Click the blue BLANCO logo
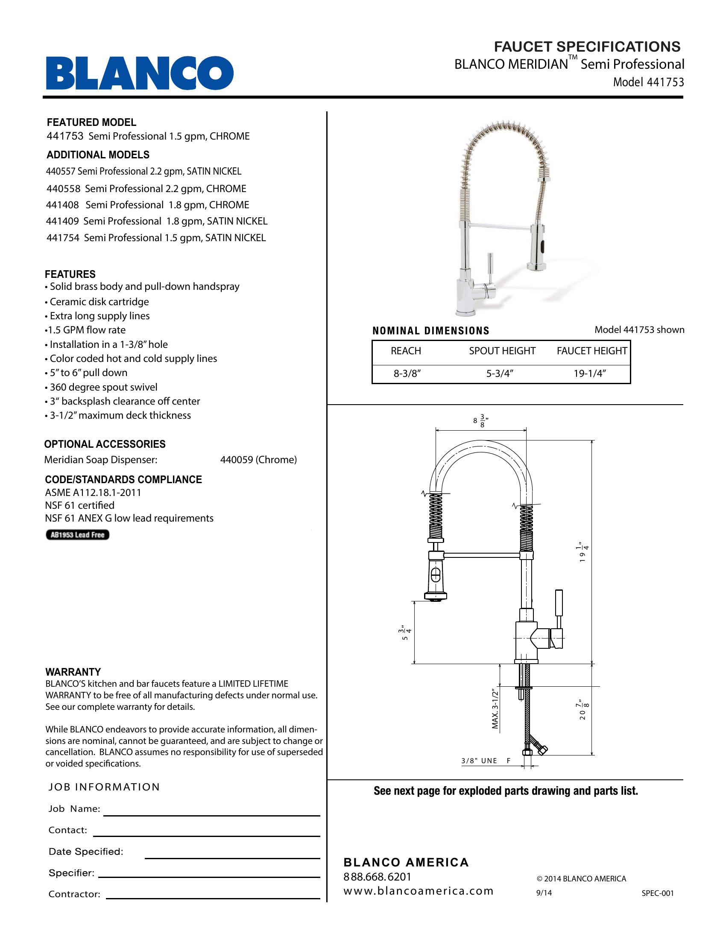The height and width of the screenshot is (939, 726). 140,73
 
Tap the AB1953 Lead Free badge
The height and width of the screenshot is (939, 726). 77,535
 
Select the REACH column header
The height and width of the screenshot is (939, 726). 406,351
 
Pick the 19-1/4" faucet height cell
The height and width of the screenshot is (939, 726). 590,373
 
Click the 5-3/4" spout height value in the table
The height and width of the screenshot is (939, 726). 500,373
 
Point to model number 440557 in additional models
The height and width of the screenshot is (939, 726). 61,172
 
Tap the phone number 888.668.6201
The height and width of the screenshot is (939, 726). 377,877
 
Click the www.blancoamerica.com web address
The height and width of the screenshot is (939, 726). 418,891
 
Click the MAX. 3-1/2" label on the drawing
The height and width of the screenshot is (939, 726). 495,708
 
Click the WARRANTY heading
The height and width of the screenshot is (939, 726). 73,672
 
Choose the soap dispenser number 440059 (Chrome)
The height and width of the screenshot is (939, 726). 258,460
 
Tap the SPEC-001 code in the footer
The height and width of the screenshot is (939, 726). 657,893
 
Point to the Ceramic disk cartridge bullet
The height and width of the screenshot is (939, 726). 99,302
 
